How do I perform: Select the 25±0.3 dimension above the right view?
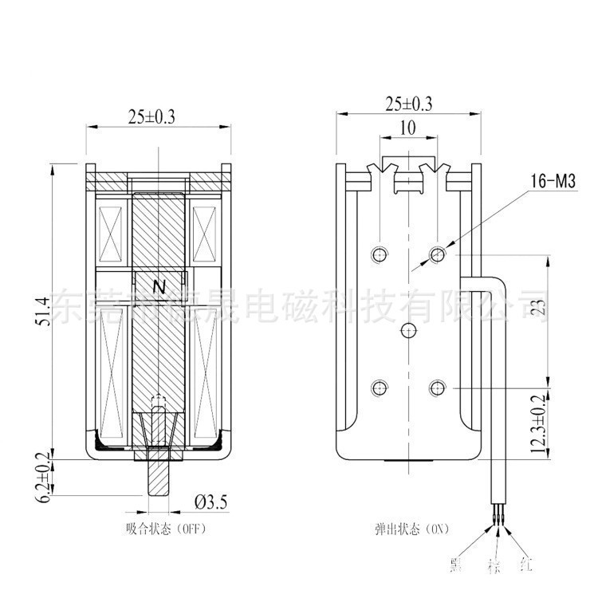tap(408, 104)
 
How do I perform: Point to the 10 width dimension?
tap(408, 128)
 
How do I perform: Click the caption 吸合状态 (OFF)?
tap(159, 529)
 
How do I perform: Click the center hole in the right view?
tap(408, 330)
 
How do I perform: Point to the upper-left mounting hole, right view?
tap(380, 254)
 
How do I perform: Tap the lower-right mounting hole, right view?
tap(436, 388)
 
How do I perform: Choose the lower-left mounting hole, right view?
tap(380, 388)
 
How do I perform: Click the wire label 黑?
tap(455, 565)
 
